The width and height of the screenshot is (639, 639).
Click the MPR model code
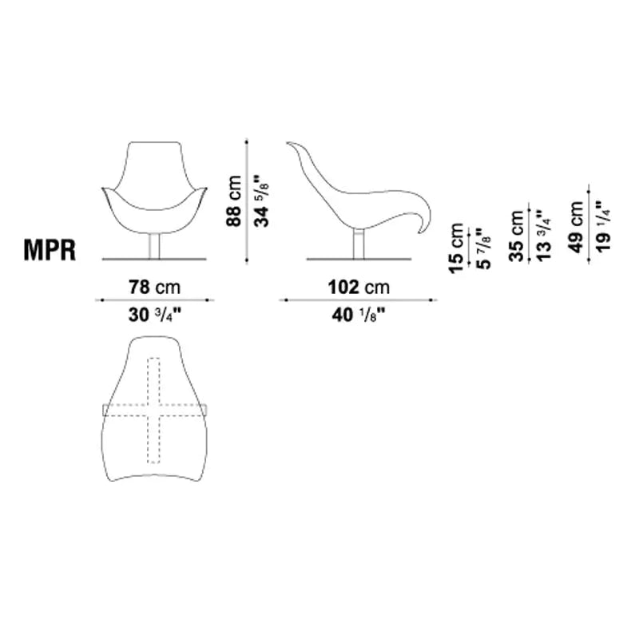pos(50,249)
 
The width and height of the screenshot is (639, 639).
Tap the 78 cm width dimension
pos(154,287)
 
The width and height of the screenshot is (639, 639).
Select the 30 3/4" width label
pos(154,315)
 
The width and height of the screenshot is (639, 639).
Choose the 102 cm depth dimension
pos(359,287)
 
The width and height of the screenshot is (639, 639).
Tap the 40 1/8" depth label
pos(359,315)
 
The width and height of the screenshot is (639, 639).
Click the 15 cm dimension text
pos(456,248)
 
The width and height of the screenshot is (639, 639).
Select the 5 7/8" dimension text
pos(483,248)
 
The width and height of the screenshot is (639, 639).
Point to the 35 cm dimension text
pos(516,235)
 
